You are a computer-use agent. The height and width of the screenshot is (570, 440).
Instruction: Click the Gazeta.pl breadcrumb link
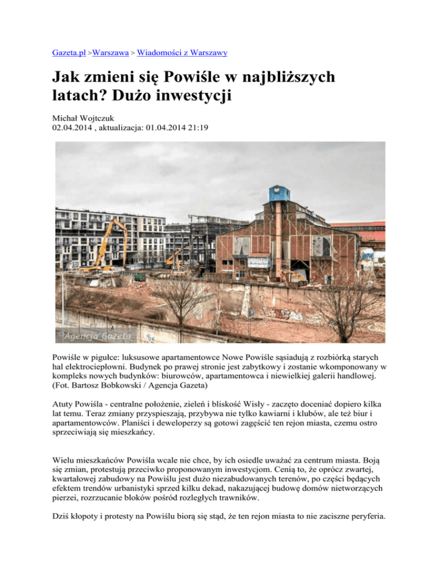[66, 53]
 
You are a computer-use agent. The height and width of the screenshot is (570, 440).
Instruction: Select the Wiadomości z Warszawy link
[182, 53]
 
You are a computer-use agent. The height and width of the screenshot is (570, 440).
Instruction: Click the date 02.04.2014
[66, 129]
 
